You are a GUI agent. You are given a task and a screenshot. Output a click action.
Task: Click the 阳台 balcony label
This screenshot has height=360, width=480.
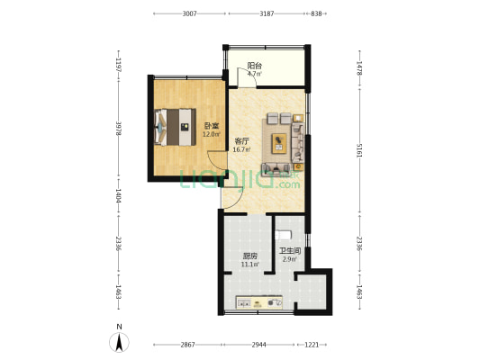pos(254,66)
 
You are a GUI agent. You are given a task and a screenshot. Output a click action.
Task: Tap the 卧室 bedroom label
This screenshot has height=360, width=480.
pos(212,126)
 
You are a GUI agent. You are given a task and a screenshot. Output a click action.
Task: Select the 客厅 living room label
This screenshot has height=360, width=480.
pos(241,141)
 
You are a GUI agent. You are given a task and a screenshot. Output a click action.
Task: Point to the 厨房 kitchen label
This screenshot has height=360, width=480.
pos(249,256)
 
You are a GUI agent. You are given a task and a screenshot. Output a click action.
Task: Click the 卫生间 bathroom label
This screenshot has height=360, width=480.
pos(290,251)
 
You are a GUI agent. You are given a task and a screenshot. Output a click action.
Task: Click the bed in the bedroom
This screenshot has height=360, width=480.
pos(175,127)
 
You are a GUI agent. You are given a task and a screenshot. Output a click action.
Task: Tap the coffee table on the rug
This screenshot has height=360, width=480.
pos(279,143)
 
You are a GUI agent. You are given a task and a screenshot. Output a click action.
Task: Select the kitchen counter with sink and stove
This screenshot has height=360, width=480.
pos(259,302)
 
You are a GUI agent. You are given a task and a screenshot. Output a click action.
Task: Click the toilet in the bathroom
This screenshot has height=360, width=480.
pos(283,235)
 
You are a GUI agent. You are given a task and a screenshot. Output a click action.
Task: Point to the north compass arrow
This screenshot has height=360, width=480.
pos(119,342)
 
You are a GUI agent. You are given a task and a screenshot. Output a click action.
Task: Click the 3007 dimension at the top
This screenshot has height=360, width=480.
pos(189,13)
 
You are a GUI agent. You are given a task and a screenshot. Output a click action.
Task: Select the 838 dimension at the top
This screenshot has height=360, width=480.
pos(316,13)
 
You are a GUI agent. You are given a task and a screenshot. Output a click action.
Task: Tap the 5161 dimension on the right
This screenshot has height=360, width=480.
pos(359,150)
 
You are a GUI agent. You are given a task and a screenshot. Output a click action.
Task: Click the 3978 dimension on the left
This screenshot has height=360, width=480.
pos(119,129)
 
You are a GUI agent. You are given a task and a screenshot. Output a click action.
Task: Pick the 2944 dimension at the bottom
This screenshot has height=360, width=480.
pos(259,345)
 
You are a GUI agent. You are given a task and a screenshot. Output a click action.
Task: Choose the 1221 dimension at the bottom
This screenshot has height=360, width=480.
pos(312,345)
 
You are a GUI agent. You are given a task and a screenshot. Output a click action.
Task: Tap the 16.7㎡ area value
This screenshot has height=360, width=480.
pos(241,149)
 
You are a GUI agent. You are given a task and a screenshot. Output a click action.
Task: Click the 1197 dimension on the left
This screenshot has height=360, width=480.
pos(119,65)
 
